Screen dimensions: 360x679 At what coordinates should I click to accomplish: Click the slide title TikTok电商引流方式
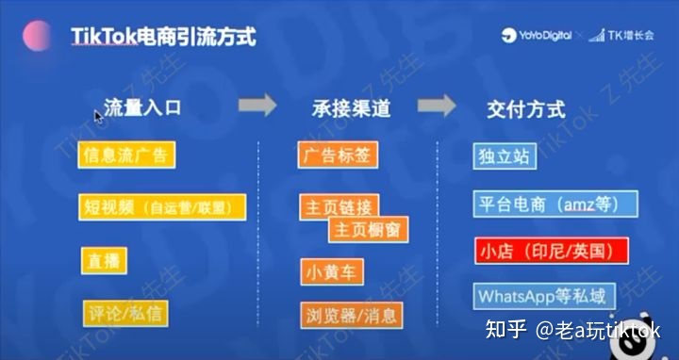click(x=163, y=37)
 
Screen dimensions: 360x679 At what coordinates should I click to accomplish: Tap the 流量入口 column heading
click(x=142, y=107)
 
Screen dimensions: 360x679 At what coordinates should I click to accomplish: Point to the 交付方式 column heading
click(x=526, y=108)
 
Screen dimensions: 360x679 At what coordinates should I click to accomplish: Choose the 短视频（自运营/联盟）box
click(x=162, y=207)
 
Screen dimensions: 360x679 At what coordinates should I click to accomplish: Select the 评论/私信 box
click(x=126, y=313)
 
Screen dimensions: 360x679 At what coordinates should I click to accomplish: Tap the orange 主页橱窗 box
click(x=369, y=229)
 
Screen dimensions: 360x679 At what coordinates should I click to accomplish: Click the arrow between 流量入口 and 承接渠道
click(x=257, y=106)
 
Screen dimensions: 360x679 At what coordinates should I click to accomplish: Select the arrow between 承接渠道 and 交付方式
click(x=437, y=106)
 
